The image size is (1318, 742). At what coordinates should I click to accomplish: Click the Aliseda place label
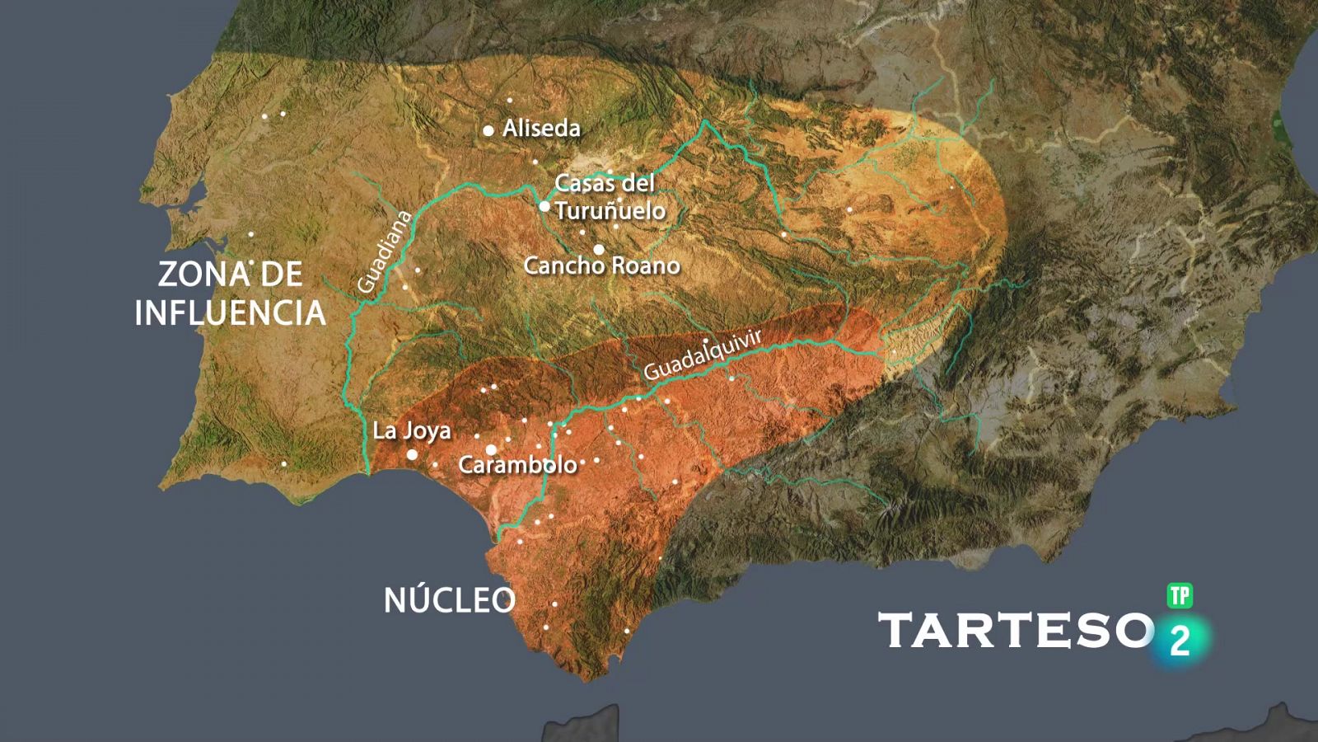541,129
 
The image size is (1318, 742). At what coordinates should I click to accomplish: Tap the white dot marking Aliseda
488,130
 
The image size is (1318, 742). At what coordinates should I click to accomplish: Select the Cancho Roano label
601,265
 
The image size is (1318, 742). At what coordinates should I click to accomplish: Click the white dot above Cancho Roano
599,249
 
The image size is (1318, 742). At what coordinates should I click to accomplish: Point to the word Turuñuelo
610,211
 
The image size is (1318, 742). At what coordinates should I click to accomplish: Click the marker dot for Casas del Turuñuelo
544,206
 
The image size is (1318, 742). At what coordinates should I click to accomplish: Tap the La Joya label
412,430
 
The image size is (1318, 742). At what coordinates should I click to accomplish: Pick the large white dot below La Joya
412,454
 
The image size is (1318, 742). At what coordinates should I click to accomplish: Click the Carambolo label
517,465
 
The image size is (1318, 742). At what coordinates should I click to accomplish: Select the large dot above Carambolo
491,449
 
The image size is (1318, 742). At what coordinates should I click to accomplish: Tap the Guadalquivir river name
703,355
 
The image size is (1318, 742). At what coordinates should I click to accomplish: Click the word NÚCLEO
450,600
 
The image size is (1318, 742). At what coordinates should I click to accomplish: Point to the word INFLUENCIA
230,313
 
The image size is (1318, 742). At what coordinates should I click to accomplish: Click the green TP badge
1180,596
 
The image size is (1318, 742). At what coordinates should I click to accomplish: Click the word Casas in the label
581,183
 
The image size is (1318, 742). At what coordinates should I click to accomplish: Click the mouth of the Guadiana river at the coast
367,472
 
